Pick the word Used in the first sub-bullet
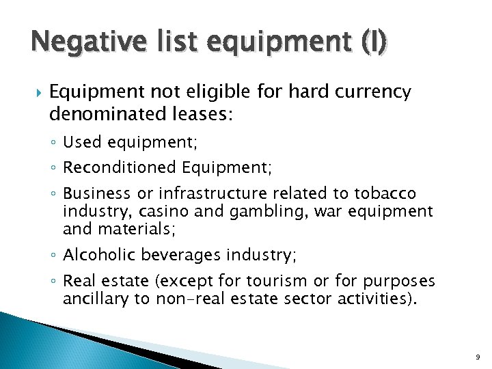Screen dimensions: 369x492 pos(81,142)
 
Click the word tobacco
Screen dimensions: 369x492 pos(387,193)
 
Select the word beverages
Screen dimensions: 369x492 pos(172,255)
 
